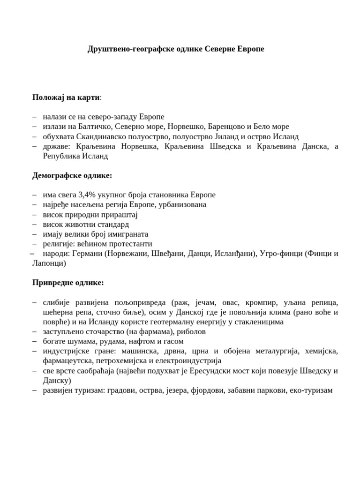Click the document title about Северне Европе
(x=176, y=49)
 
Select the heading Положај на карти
(x=66, y=97)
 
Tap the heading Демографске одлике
(x=72, y=175)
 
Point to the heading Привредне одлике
(x=68, y=283)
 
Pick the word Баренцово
(x=220, y=127)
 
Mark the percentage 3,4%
(x=88, y=195)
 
